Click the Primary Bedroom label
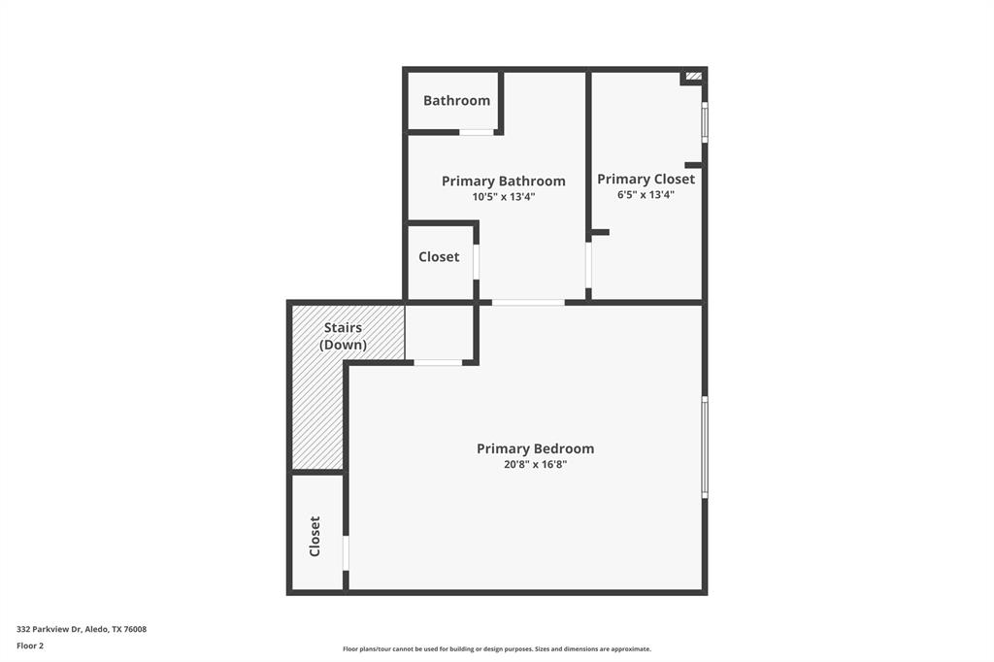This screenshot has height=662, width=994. point(535,448)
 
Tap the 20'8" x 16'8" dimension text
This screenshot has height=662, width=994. point(535,465)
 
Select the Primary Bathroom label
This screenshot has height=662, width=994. point(503,182)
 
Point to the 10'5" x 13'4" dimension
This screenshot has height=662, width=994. point(503,197)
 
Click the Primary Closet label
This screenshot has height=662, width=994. point(646,180)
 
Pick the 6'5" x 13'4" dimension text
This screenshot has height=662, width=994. point(646,195)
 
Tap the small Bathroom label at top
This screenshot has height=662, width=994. point(456,101)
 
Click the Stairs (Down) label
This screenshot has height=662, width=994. point(343,337)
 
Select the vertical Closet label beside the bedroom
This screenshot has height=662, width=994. point(315,536)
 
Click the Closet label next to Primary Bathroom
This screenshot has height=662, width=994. point(439,257)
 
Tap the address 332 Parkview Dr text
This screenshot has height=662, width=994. point(82,629)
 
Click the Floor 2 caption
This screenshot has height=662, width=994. point(30,645)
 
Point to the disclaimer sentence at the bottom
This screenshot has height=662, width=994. point(496,649)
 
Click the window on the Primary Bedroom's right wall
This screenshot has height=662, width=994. point(705,447)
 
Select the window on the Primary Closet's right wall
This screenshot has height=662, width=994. point(705,121)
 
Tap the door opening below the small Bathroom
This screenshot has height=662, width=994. point(476,132)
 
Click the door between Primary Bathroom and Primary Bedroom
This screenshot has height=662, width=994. point(528,303)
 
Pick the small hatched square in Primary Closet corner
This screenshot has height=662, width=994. point(693,76)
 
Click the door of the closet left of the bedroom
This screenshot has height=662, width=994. point(346,553)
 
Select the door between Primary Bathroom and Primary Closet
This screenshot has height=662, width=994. point(588,265)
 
